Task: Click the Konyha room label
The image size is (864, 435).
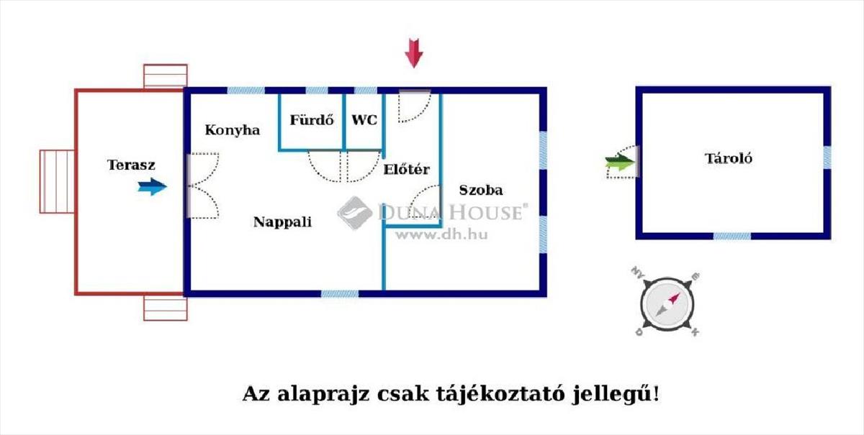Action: click(x=232, y=130)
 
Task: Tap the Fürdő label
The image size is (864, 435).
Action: click(x=312, y=120)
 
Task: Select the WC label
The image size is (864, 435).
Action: click(x=364, y=120)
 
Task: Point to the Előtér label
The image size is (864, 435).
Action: click(x=407, y=170)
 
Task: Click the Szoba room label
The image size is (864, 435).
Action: click(x=481, y=191)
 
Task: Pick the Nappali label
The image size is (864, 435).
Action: click(x=282, y=222)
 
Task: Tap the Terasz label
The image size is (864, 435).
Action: click(x=131, y=165)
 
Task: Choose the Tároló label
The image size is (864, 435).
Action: click(x=728, y=159)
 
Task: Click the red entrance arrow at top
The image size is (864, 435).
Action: click(x=413, y=54)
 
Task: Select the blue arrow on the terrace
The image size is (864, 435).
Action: click(x=153, y=187)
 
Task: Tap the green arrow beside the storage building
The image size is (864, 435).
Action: click(x=617, y=163)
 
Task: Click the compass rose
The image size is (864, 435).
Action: click(x=667, y=303)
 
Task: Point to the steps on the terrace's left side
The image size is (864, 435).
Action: click(x=57, y=181)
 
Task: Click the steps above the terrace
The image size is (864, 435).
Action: click(x=165, y=76)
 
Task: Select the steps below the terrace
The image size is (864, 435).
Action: click(x=165, y=308)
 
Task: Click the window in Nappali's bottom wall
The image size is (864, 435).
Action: click(x=339, y=293)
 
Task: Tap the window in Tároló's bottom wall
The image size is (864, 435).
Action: click(x=732, y=236)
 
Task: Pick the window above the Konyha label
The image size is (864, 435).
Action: click(x=246, y=91)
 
